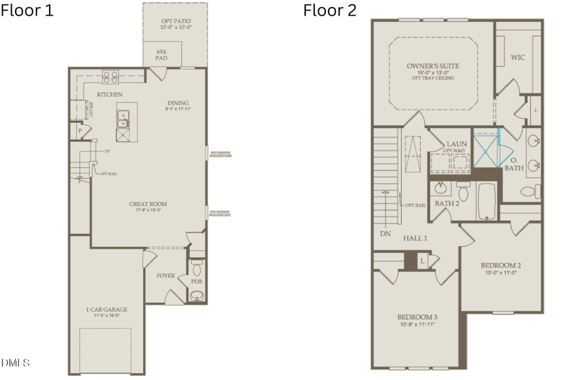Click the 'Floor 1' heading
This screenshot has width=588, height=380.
(x=27, y=11)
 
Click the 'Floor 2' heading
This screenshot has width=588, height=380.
(x=329, y=11)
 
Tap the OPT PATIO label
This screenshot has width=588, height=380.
(x=174, y=25)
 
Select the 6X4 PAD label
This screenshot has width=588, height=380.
(x=161, y=54)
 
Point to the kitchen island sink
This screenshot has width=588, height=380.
(x=122, y=118)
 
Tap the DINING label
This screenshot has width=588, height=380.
(x=178, y=103)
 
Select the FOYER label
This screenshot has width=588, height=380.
(x=165, y=275)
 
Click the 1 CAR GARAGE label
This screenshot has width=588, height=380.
(x=106, y=309)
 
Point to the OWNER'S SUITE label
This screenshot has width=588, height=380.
(x=433, y=66)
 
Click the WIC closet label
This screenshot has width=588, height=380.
(x=518, y=58)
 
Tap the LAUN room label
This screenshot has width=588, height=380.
(x=455, y=144)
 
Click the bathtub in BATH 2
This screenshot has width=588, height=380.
(x=486, y=201)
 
